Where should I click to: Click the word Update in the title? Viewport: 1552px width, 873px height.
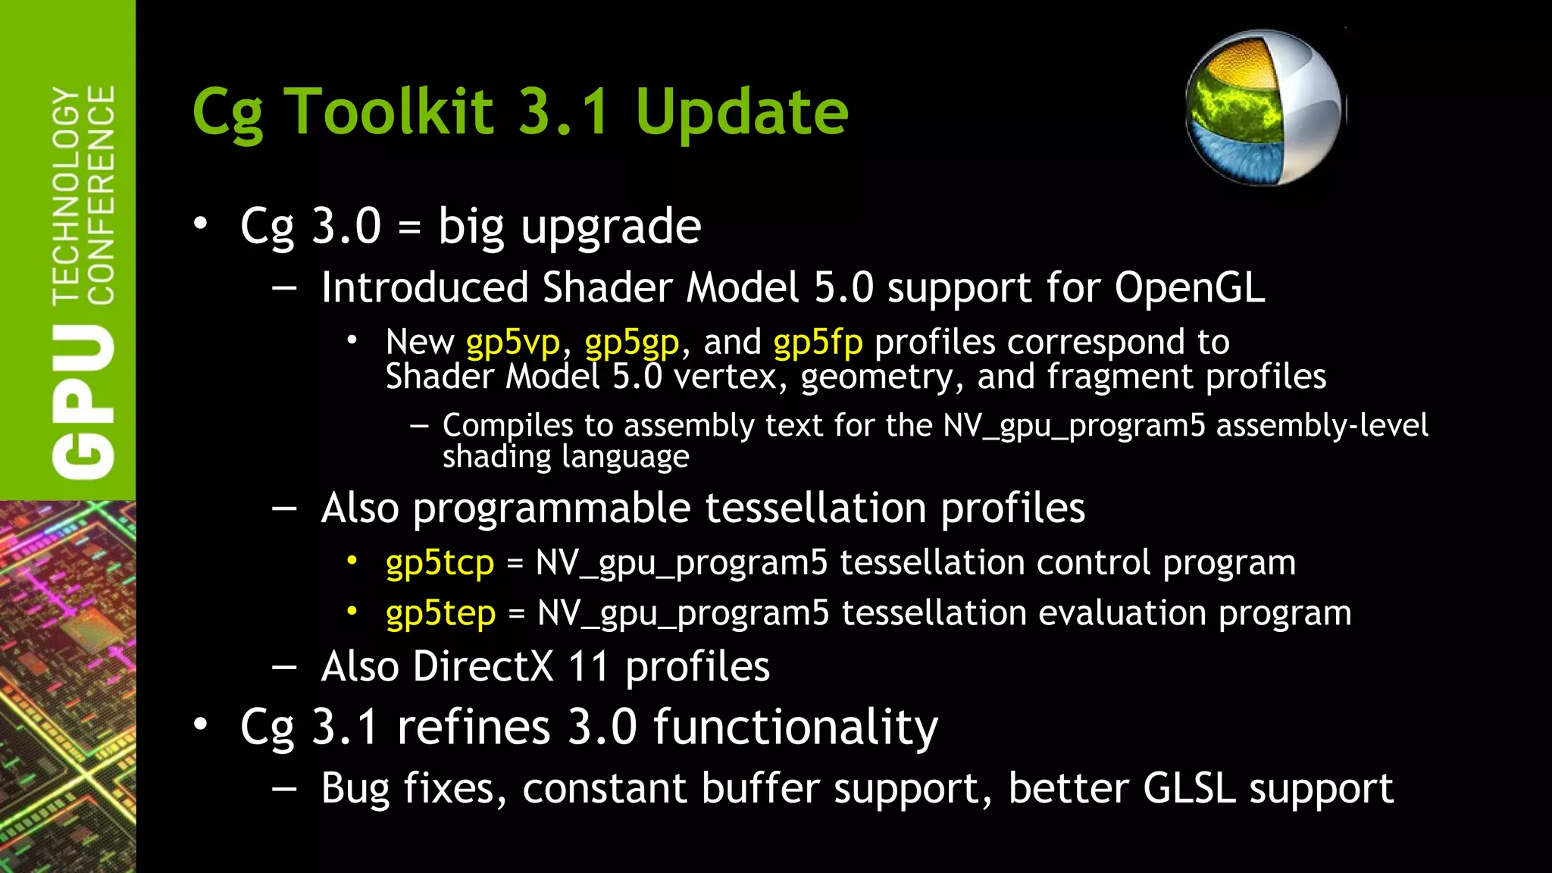click(741, 111)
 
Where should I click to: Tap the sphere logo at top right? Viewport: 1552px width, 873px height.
click(1264, 108)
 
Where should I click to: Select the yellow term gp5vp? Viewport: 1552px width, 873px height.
click(513, 343)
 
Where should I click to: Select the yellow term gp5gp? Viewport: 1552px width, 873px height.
click(632, 343)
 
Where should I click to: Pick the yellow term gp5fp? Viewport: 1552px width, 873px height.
click(818, 343)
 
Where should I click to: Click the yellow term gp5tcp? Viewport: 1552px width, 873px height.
click(440, 563)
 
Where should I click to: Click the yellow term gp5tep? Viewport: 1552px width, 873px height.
click(440, 613)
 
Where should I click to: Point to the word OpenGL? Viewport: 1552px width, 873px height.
click(1189, 288)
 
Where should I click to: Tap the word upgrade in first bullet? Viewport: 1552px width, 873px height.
click(611, 227)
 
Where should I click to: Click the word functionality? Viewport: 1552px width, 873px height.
click(796, 727)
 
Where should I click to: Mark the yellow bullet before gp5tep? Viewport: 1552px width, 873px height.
click(352, 611)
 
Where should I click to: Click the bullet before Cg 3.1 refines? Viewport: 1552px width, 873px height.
click(200, 724)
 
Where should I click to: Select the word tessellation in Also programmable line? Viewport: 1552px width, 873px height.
click(815, 508)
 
